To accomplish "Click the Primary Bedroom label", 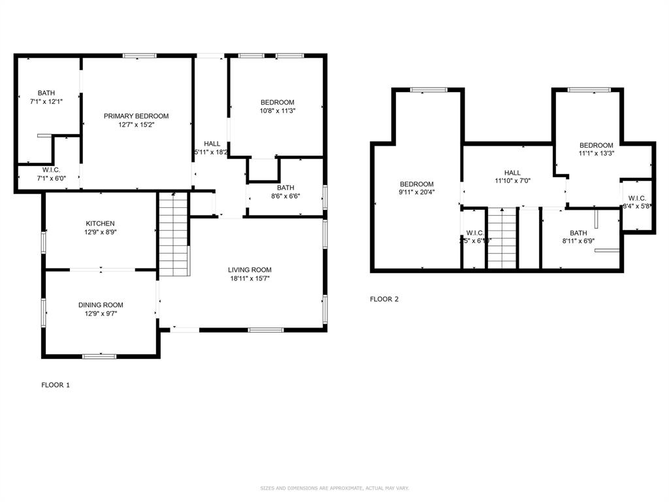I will coord(136,116).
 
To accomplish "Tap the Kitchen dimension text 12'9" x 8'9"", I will coord(100,231).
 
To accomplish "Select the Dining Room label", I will coord(101,305).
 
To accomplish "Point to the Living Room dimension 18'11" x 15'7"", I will coord(250,278).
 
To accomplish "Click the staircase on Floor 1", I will coord(173,235).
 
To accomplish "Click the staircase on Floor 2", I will coord(502,238).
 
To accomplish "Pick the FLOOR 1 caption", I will coord(56,385).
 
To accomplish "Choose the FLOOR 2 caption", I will coord(384,299).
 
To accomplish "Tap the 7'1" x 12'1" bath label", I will coord(46,102).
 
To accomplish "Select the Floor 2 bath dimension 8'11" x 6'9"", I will coord(578,241).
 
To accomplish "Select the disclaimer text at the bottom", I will coord(334,488).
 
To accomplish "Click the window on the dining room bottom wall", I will coord(99,356).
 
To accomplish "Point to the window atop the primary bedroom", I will coord(140,56).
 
